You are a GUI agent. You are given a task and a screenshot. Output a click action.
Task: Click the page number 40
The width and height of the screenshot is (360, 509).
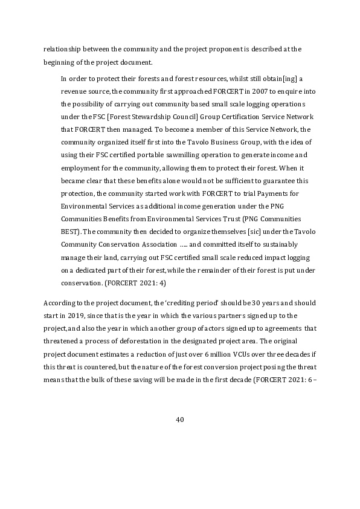pyautogui.click(x=179, y=420)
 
